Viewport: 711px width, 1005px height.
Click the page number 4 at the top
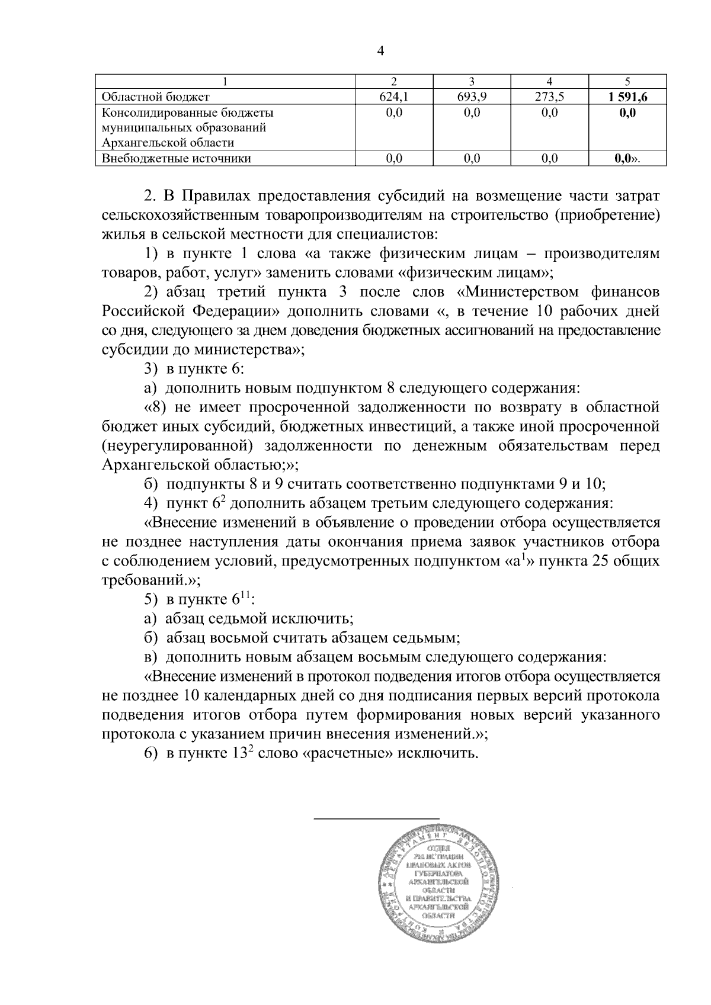tap(380, 52)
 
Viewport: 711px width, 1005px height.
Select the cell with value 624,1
tap(393, 97)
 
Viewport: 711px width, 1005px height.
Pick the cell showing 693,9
tap(472, 97)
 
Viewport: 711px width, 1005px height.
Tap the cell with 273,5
tap(549, 97)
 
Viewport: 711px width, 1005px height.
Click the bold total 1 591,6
tap(627, 97)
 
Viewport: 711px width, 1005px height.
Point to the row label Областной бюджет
tap(156, 97)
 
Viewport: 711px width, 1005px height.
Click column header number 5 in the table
tap(627, 82)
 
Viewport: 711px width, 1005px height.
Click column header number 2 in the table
tap(393, 82)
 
